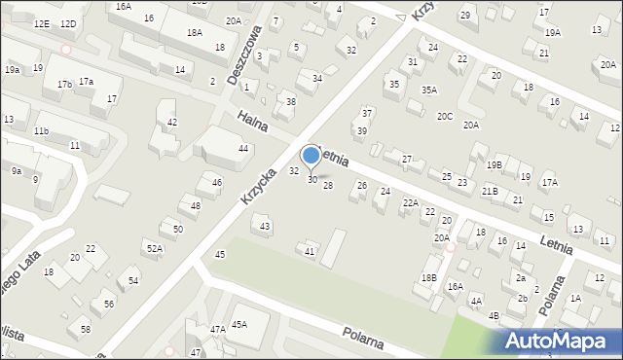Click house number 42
(172, 122)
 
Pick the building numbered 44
(243, 148)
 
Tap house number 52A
(155, 248)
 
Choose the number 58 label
(86, 330)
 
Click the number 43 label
(265, 226)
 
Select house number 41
(310, 252)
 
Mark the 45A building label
(238, 324)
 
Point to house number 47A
(217, 330)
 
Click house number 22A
(411, 203)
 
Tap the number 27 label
(407, 159)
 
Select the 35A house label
(428, 90)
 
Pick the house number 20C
(445, 116)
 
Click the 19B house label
(495, 164)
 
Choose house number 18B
(428, 278)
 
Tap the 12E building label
(41, 22)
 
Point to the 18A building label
(194, 32)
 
